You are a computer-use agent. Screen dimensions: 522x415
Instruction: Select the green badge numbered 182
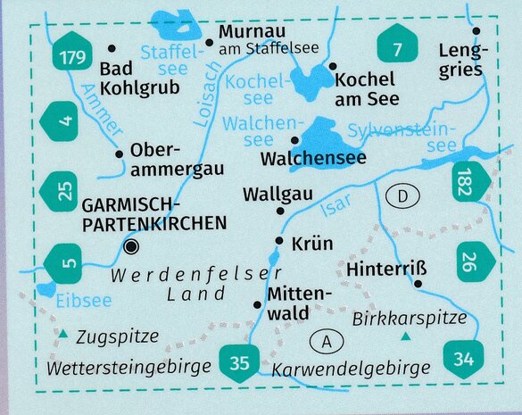(472, 182)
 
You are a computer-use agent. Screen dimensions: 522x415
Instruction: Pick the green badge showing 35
(238, 361)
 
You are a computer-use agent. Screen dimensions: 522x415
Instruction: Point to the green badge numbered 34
(463, 360)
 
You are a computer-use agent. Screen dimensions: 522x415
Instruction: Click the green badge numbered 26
(469, 261)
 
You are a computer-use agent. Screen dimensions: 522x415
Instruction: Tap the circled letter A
(327, 341)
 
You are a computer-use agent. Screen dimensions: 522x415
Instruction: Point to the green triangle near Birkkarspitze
(406, 336)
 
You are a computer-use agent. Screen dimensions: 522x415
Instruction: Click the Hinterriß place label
(382, 267)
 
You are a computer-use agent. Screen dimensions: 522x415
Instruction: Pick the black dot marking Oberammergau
(119, 154)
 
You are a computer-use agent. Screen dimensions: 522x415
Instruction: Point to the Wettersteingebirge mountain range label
(129, 367)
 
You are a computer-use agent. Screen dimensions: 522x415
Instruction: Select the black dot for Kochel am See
(332, 66)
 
